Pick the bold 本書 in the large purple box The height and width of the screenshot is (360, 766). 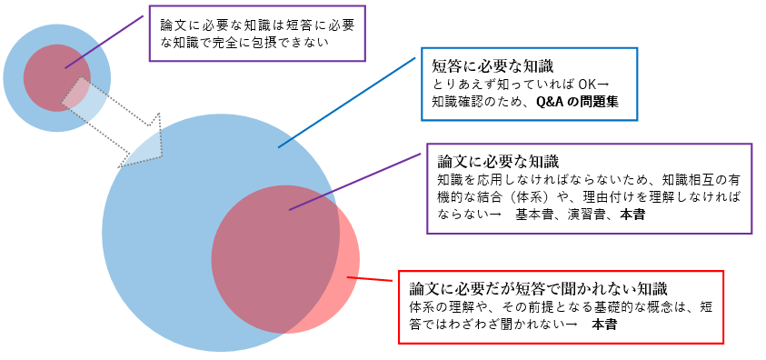[x=634, y=215]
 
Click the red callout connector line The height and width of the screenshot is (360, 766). [x=373, y=281]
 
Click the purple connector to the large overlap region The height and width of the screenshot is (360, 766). [x=359, y=181]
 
